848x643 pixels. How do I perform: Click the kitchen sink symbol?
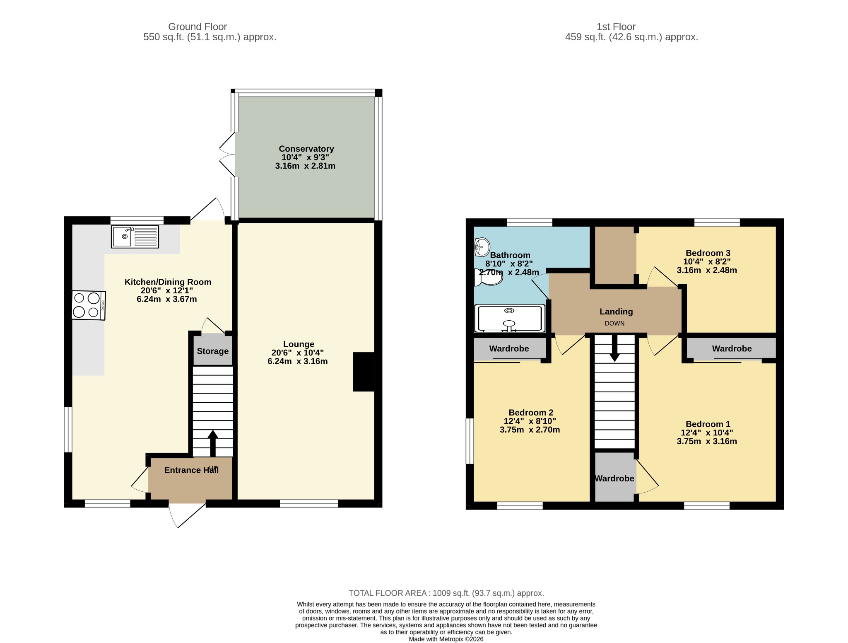[x=135, y=237]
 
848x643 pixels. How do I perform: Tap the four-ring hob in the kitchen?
[x=89, y=305]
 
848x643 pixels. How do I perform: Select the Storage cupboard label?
[x=213, y=351]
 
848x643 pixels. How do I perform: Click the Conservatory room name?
[x=306, y=149]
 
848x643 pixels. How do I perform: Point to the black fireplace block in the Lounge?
[x=364, y=372]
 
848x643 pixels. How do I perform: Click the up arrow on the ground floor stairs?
[x=213, y=444]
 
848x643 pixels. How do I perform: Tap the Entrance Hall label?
[x=191, y=470]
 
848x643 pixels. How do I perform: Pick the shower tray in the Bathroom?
[x=510, y=319]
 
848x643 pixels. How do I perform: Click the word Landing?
[x=616, y=312]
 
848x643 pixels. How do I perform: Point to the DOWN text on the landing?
[x=614, y=324]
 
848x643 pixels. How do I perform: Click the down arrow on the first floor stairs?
[x=615, y=348]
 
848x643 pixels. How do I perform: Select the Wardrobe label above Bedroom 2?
[x=509, y=349]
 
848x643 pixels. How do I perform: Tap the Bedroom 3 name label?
[x=708, y=253]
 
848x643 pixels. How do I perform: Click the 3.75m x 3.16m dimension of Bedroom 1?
[x=707, y=441]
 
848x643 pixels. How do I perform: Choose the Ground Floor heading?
[x=198, y=27]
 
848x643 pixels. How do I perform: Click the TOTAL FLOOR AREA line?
[x=446, y=593]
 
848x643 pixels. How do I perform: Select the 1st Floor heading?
[x=616, y=27]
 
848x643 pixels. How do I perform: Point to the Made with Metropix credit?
[x=446, y=639]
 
